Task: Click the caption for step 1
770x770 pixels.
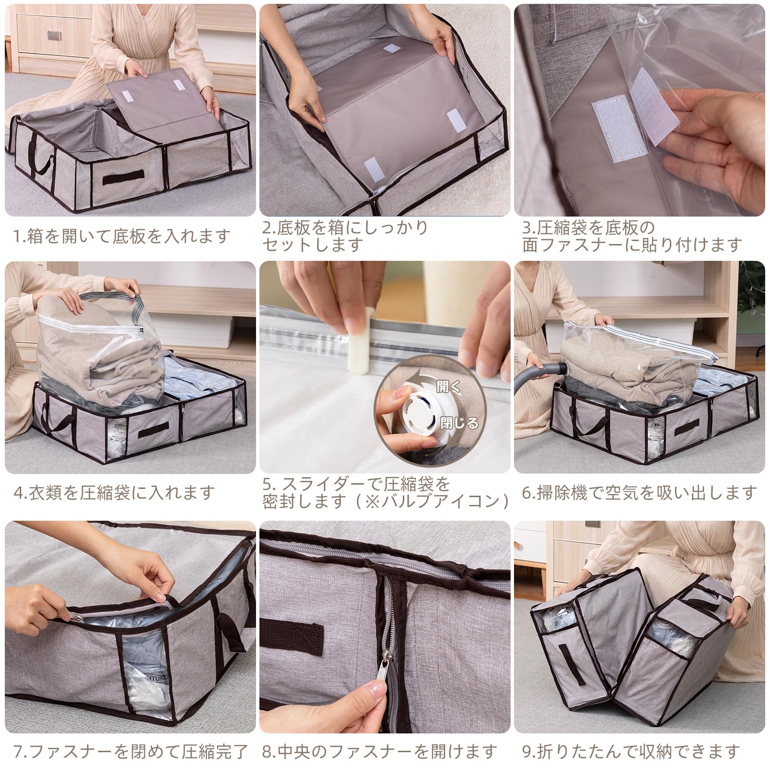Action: [x=122, y=236]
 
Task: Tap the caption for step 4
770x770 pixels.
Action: [x=114, y=492]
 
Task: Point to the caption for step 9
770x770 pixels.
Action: [x=631, y=751]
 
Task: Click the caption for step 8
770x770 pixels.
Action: [x=380, y=751]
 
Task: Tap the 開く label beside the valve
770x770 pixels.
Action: [x=448, y=386]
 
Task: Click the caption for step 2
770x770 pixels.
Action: [x=345, y=236]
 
